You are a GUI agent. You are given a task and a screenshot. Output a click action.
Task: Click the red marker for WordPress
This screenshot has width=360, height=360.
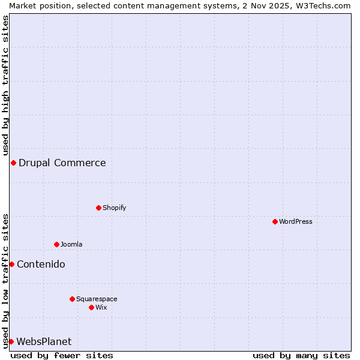coord(275,221)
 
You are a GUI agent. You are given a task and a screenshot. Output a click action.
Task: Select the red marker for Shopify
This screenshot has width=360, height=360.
coord(98,208)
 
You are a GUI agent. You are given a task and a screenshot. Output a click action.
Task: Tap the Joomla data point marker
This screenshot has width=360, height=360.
coord(56,244)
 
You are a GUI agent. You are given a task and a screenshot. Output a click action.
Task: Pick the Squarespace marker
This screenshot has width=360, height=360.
coord(72,299)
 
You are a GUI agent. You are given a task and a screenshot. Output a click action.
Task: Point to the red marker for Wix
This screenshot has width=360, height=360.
coord(91,307)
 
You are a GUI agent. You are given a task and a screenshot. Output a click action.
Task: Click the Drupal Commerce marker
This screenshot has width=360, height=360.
coord(13,163)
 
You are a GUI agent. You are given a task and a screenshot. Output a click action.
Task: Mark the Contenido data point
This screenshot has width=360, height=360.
coord(11,264)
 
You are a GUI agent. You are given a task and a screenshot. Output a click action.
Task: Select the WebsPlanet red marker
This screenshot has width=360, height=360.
coord(11,341)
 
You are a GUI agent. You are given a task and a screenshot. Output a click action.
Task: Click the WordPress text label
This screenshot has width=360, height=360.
coord(296,221)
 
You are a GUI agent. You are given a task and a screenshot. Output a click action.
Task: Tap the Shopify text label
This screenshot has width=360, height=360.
coord(115,208)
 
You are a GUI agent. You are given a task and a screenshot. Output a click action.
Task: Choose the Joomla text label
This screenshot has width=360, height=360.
coord(71,244)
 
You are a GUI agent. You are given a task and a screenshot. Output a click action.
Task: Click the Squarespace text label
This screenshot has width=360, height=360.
coord(97,299)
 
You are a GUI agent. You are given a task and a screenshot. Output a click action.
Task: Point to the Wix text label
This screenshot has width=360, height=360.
coord(101,307)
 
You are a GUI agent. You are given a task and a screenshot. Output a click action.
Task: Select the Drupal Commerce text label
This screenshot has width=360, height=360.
coord(62,163)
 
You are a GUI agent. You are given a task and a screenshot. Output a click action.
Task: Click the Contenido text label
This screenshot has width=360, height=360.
coord(41,264)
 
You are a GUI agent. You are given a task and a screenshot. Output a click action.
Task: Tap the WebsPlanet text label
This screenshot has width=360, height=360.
coord(44,341)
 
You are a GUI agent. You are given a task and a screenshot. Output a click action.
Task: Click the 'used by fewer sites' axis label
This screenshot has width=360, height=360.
coord(62,355)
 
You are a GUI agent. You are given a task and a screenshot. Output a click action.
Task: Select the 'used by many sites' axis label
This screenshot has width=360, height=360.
coord(301,355)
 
